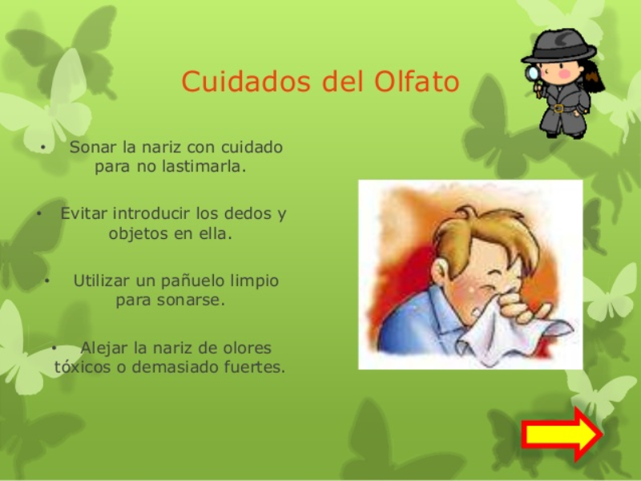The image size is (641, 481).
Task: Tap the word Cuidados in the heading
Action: click(x=246, y=81)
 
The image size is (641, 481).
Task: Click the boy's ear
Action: click(x=441, y=272)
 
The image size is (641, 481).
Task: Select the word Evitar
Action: click(x=84, y=213)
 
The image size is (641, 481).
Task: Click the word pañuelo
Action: click(x=193, y=281)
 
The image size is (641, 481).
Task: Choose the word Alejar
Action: click(x=104, y=348)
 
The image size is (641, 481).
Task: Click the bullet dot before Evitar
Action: click(x=39, y=213)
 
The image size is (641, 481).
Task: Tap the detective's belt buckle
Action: click(x=558, y=108)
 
